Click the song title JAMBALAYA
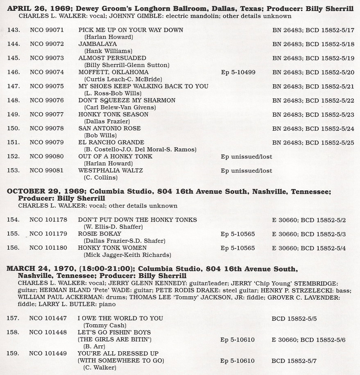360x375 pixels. [x=97, y=44]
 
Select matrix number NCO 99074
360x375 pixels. [x=47, y=72]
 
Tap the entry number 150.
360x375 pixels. [x=14, y=129]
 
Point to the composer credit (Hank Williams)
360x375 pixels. [x=108, y=51]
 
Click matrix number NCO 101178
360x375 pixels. [x=48, y=220]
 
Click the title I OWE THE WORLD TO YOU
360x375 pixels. [x=120, y=318]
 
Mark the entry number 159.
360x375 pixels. [x=14, y=353]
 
